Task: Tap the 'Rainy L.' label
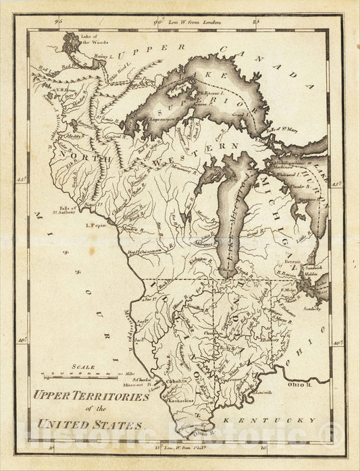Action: click(101, 57)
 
